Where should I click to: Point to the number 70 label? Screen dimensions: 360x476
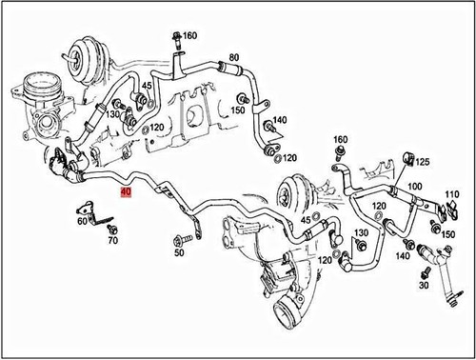click(112, 242)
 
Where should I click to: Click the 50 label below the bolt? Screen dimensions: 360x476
click(179, 253)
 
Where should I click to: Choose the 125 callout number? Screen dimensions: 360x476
click(422, 162)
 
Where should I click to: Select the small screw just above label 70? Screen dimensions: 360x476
click(111, 230)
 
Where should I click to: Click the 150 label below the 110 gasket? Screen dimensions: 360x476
click(447, 233)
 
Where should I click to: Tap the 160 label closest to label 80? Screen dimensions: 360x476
click(188, 36)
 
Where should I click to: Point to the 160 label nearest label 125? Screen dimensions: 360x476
click(341, 141)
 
